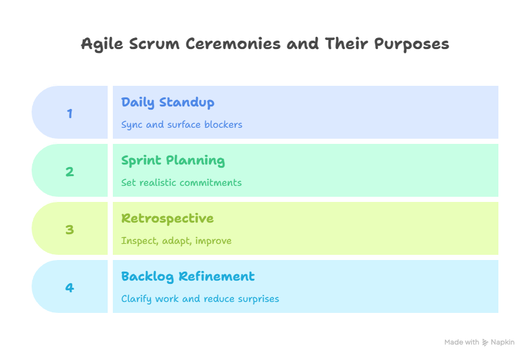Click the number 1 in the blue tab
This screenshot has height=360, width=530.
(x=70, y=114)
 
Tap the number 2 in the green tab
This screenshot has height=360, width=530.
(x=70, y=172)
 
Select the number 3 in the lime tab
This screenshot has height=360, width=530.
(x=70, y=230)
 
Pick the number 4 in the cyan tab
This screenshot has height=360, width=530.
(x=70, y=288)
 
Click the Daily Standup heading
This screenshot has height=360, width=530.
(x=168, y=103)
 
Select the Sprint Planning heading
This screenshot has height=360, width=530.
(x=173, y=161)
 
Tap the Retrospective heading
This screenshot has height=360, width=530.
(x=167, y=219)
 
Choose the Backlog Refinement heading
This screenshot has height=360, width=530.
(x=188, y=277)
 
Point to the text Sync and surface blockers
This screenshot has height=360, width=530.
(x=181, y=125)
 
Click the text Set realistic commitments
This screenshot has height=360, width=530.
(x=181, y=183)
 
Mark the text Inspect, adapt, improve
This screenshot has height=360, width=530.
(x=176, y=241)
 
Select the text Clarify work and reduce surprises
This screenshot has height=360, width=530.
(x=200, y=299)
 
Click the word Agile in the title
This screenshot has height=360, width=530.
(x=99, y=45)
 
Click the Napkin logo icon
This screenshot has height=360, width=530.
(x=485, y=343)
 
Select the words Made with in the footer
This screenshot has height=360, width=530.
(x=462, y=343)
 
